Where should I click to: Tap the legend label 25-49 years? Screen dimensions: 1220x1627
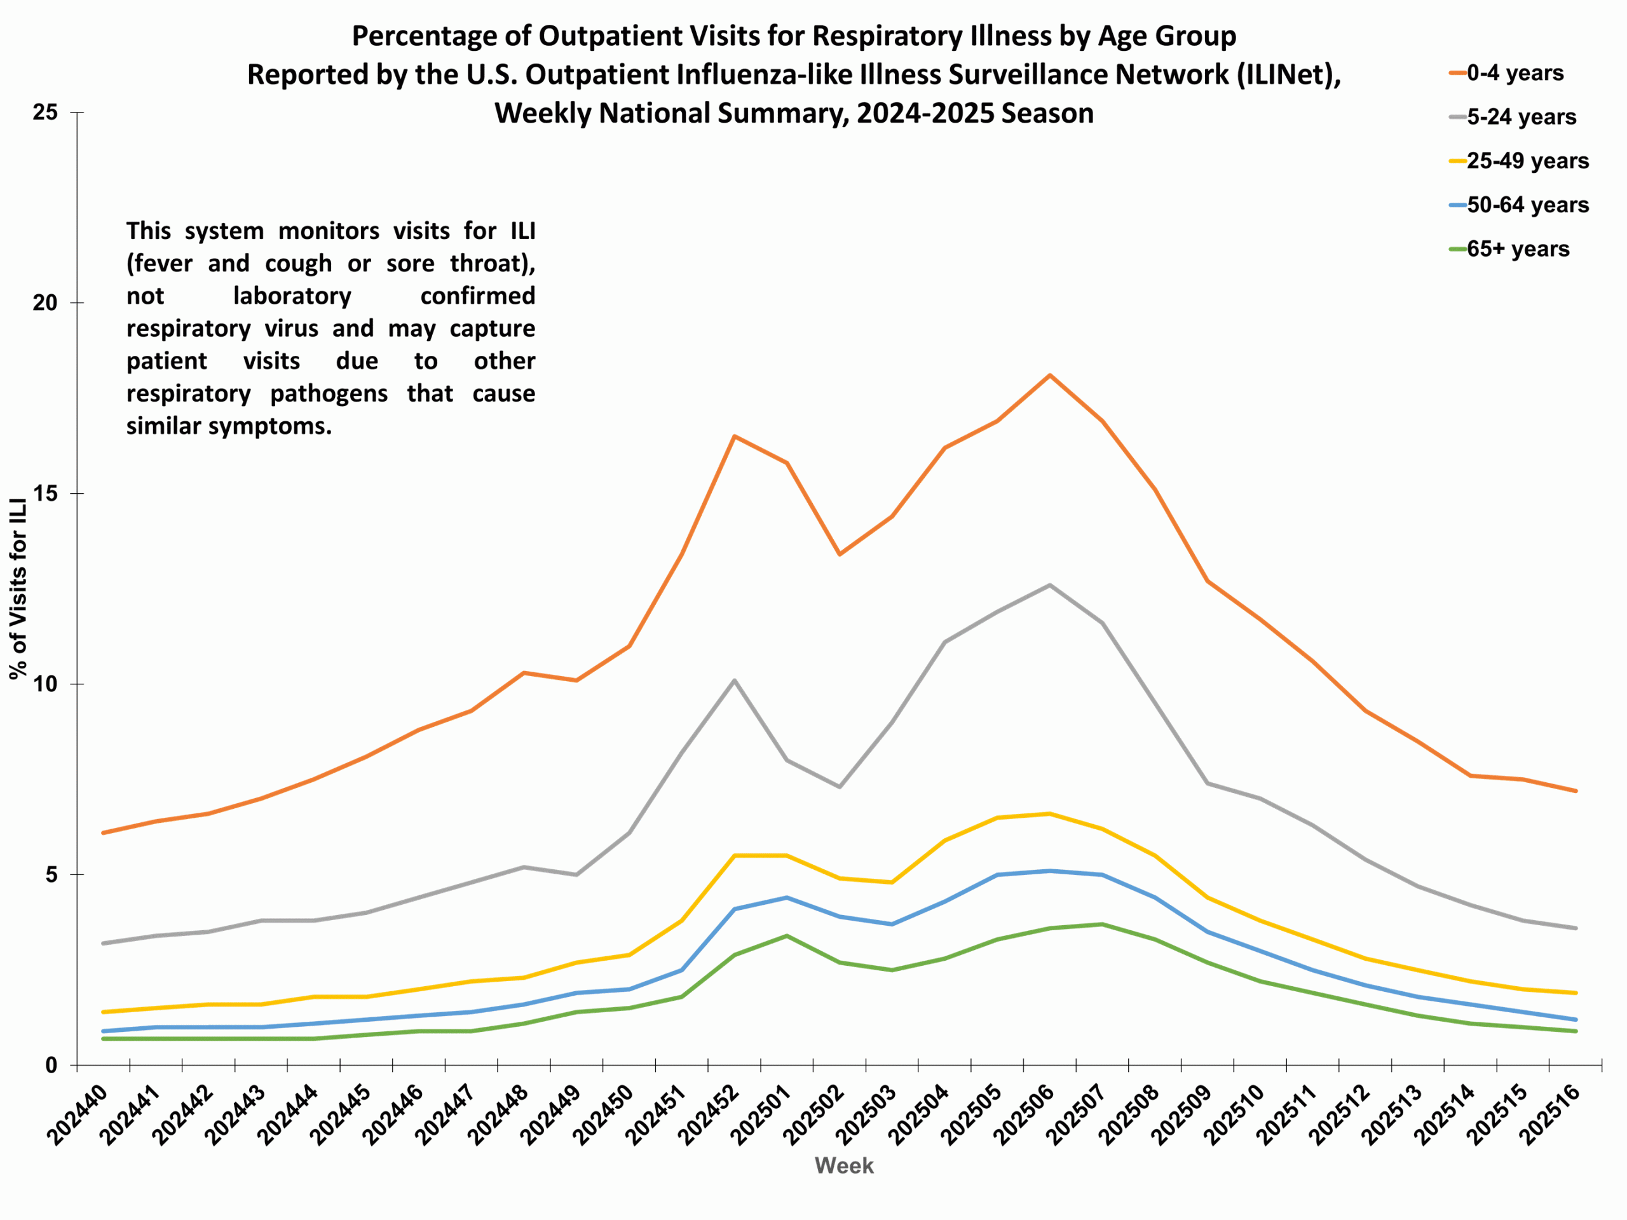1527,161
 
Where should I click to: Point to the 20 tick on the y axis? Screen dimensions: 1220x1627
46,303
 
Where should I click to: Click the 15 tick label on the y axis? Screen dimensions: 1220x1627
46,494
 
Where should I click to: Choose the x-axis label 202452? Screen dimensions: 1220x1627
707,1116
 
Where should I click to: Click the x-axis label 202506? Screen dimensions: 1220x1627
1023,1116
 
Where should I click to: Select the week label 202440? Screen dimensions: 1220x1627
76,1116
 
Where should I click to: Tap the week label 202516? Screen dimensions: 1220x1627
1549,1116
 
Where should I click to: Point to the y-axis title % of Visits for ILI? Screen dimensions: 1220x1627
18,588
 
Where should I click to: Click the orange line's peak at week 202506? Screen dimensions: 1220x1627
1050,375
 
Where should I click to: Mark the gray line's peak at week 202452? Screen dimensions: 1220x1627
734,681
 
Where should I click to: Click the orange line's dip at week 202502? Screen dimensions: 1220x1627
840,553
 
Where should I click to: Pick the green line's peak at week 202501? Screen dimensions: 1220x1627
787,935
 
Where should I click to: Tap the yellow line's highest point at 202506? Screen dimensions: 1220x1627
1050,813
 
